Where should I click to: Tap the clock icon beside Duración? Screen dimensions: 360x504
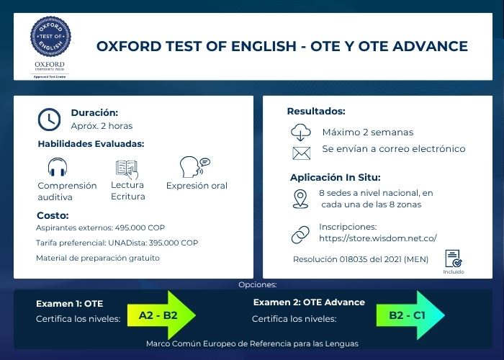(x=49, y=119)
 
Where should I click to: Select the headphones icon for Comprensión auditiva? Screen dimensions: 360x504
(x=58, y=168)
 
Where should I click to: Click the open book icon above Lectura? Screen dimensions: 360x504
(x=127, y=169)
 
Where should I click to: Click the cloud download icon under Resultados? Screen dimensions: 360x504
(x=300, y=132)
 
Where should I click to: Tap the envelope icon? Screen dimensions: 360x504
(x=301, y=153)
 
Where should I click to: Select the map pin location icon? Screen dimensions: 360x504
(x=300, y=199)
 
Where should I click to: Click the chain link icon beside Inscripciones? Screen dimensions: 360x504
(x=300, y=233)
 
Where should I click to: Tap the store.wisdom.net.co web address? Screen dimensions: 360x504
(x=377, y=238)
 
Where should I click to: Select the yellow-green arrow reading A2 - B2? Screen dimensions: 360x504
(x=163, y=315)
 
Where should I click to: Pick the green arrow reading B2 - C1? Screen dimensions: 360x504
(x=409, y=315)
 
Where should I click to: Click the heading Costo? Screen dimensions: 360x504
(x=53, y=215)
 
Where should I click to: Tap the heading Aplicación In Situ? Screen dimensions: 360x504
(x=335, y=177)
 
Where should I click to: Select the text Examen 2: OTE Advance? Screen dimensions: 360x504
(x=309, y=302)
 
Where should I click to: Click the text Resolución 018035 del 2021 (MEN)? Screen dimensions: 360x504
(x=360, y=259)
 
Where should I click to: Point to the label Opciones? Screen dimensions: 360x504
(x=258, y=284)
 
